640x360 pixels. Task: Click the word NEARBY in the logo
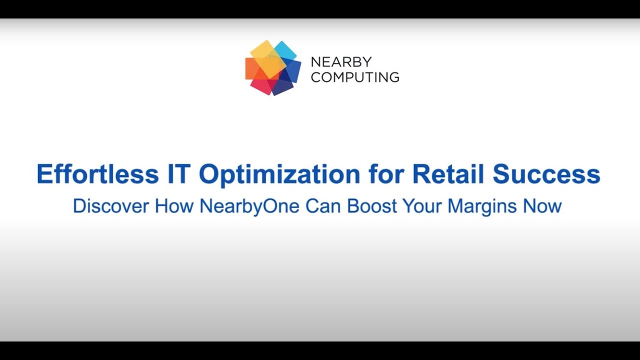click(341, 62)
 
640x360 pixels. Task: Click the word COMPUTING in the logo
click(355, 77)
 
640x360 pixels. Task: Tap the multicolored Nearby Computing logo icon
click(273, 68)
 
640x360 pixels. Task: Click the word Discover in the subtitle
click(111, 206)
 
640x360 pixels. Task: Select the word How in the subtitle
click(174, 206)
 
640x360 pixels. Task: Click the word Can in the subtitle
click(323, 206)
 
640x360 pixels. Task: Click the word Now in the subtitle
click(542, 206)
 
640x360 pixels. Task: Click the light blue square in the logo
click(285, 50)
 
